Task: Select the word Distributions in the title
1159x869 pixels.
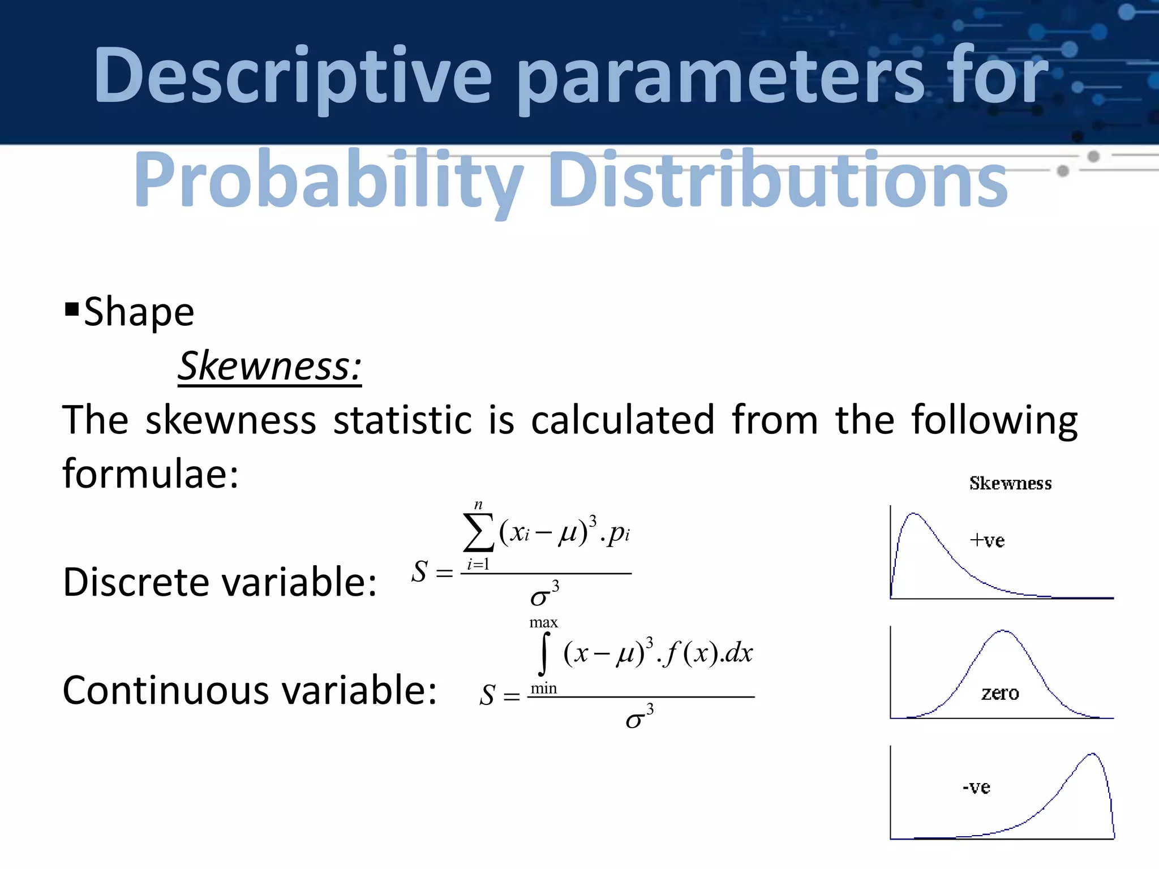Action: [x=778, y=180]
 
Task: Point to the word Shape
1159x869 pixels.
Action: [x=139, y=312]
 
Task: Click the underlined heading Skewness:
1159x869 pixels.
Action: [x=269, y=366]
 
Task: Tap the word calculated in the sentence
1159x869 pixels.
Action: [x=623, y=420]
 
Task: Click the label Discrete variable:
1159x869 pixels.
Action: [x=220, y=582]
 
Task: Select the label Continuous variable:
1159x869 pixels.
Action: [x=250, y=690]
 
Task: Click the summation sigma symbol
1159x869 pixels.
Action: [x=478, y=532]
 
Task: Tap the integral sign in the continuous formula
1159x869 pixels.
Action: [x=544, y=654]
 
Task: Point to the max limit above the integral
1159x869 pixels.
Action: [x=543, y=623]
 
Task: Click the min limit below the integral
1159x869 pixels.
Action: [x=544, y=689]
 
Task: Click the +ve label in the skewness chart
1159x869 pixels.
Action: [x=987, y=540]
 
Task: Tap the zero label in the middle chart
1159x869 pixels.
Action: [x=1000, y=693]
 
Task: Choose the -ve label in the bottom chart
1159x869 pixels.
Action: [x=976, y=787]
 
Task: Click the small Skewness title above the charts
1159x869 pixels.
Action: [x=1010, y=483]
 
